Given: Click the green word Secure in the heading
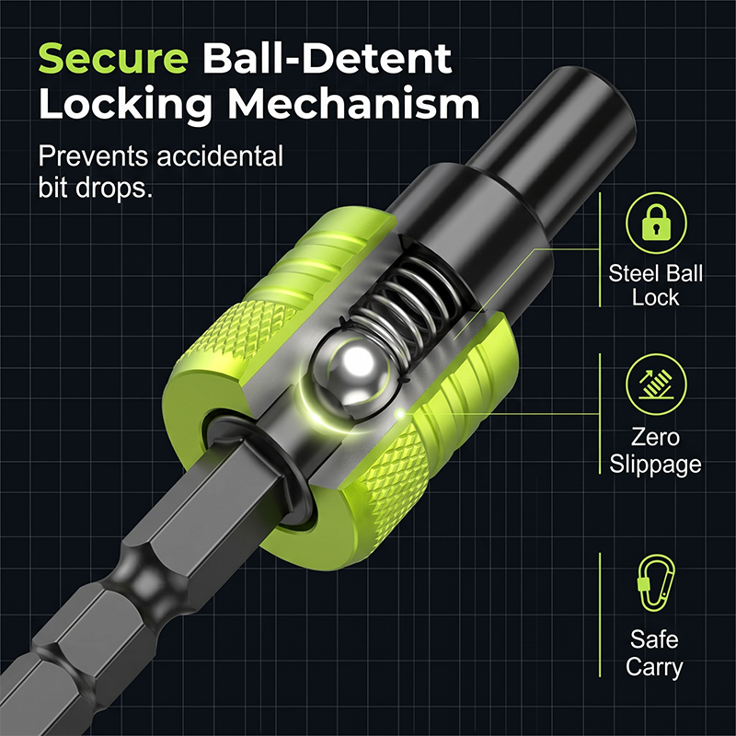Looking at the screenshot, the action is click(x=113, y=58).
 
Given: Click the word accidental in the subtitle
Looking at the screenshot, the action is click(x=220, y=155).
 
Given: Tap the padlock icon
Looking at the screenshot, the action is click(x=656, y=223).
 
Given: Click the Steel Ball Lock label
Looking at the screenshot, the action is click(x=656, y=285).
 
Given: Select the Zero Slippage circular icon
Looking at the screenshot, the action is click(x=656, y=384).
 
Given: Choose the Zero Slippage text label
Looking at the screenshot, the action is click(x=655, y=451).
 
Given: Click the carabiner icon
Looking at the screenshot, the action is click(x=656, y=583).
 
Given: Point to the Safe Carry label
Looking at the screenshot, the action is click(x=654, y=653).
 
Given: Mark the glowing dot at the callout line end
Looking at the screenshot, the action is click(x=400, y=414).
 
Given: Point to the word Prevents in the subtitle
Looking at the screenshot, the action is click(x=93, y=156).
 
